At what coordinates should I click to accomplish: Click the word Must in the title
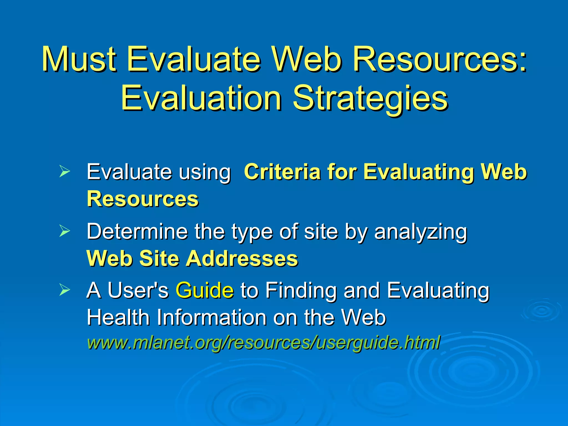(78, 59)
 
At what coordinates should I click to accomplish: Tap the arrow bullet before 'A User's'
(64, 290)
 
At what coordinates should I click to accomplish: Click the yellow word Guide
(204, 290)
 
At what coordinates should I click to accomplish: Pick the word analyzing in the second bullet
(420, 232)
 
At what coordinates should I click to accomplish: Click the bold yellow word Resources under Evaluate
(143, 199)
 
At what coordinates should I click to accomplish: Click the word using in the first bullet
(204, 172)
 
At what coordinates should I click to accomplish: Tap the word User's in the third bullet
(138, 290)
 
